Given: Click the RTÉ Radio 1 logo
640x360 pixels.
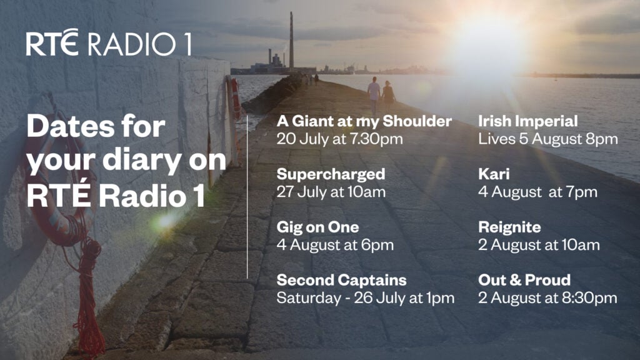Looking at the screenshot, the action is [x=109, y=42].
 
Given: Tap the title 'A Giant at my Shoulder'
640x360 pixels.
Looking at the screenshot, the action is [x=364, y=121].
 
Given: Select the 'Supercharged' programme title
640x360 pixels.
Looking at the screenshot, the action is [x=331, y=174].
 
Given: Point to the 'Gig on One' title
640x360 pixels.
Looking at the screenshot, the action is [x=317, y=227].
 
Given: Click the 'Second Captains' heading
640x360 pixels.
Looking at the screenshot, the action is [x=342, y=280].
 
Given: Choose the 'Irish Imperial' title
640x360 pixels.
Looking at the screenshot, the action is [x=527, y=121].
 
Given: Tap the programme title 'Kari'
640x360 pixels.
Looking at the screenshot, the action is [x=494, y=174].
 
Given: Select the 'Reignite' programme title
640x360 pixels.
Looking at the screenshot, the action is [x=509, y=227].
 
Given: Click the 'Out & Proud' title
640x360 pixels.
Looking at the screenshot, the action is [x=524, y=280].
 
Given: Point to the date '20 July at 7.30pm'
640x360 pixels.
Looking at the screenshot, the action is [x=339, y=139].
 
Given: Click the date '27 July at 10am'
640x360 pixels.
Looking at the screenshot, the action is [x=331, y=192].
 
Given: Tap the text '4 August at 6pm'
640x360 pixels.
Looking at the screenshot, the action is [x=335, y=245].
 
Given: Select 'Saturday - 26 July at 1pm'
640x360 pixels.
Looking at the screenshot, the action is [x=365, y=298].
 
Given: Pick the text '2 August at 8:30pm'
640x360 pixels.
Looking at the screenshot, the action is [x=547, y=298].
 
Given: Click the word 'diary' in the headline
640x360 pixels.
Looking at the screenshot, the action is [x=142, y=161].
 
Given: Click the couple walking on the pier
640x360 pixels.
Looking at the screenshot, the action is [x=381, y=96].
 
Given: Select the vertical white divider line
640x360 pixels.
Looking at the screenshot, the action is [x=247, y=197].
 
